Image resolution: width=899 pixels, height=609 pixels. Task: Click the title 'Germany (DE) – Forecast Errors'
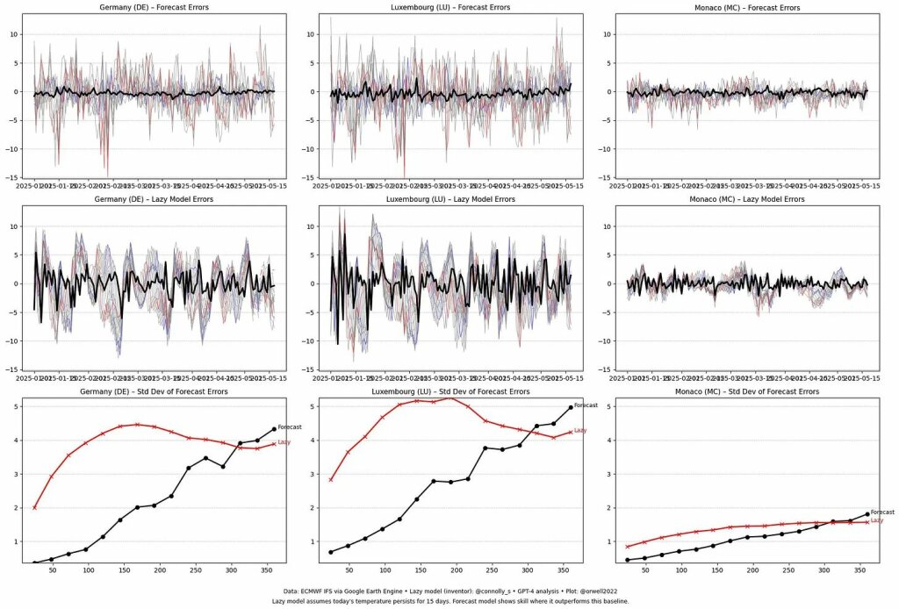click(155, 7)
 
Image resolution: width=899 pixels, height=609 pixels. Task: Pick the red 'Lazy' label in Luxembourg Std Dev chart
click(580, 430)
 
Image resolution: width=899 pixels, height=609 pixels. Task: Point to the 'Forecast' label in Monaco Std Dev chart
click(882, 512)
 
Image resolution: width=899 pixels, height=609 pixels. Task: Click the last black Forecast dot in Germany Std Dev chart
click(274, 429)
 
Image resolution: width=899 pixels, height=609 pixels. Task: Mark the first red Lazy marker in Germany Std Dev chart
click(34, 507)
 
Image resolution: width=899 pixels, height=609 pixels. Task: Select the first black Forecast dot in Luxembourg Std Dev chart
click(330, 552)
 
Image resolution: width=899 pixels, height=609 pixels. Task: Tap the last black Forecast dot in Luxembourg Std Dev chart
click(571, 407)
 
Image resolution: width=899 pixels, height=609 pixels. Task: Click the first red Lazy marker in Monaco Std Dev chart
click(627, 547)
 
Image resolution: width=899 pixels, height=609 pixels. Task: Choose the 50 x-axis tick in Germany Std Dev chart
click(52, 571)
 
